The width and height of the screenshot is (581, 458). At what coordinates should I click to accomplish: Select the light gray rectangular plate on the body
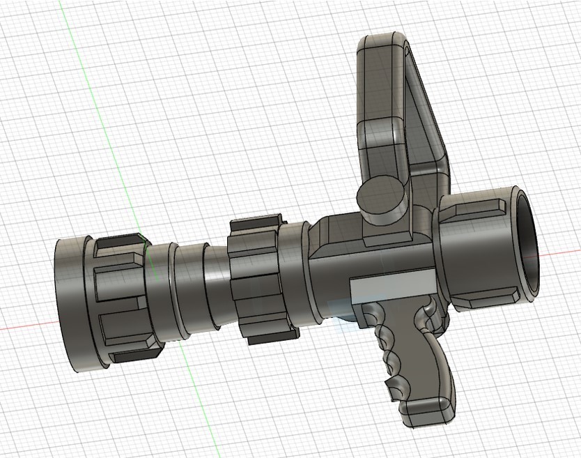(x=393, y=289)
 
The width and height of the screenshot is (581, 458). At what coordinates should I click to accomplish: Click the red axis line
(x=28, y=327)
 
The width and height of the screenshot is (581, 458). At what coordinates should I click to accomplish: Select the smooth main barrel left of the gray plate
(x=327, y=279)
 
